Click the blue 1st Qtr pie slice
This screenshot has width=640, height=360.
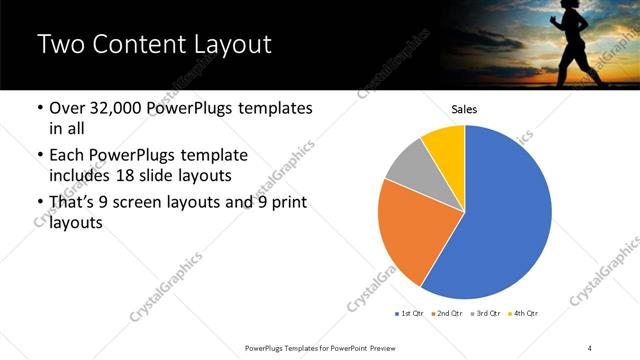point(505,215)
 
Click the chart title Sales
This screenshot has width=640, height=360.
point(464,109)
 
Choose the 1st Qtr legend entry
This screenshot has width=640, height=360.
point(410,314)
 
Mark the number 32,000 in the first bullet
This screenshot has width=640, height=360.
point(121,108)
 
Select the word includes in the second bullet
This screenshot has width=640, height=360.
point(82,176)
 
